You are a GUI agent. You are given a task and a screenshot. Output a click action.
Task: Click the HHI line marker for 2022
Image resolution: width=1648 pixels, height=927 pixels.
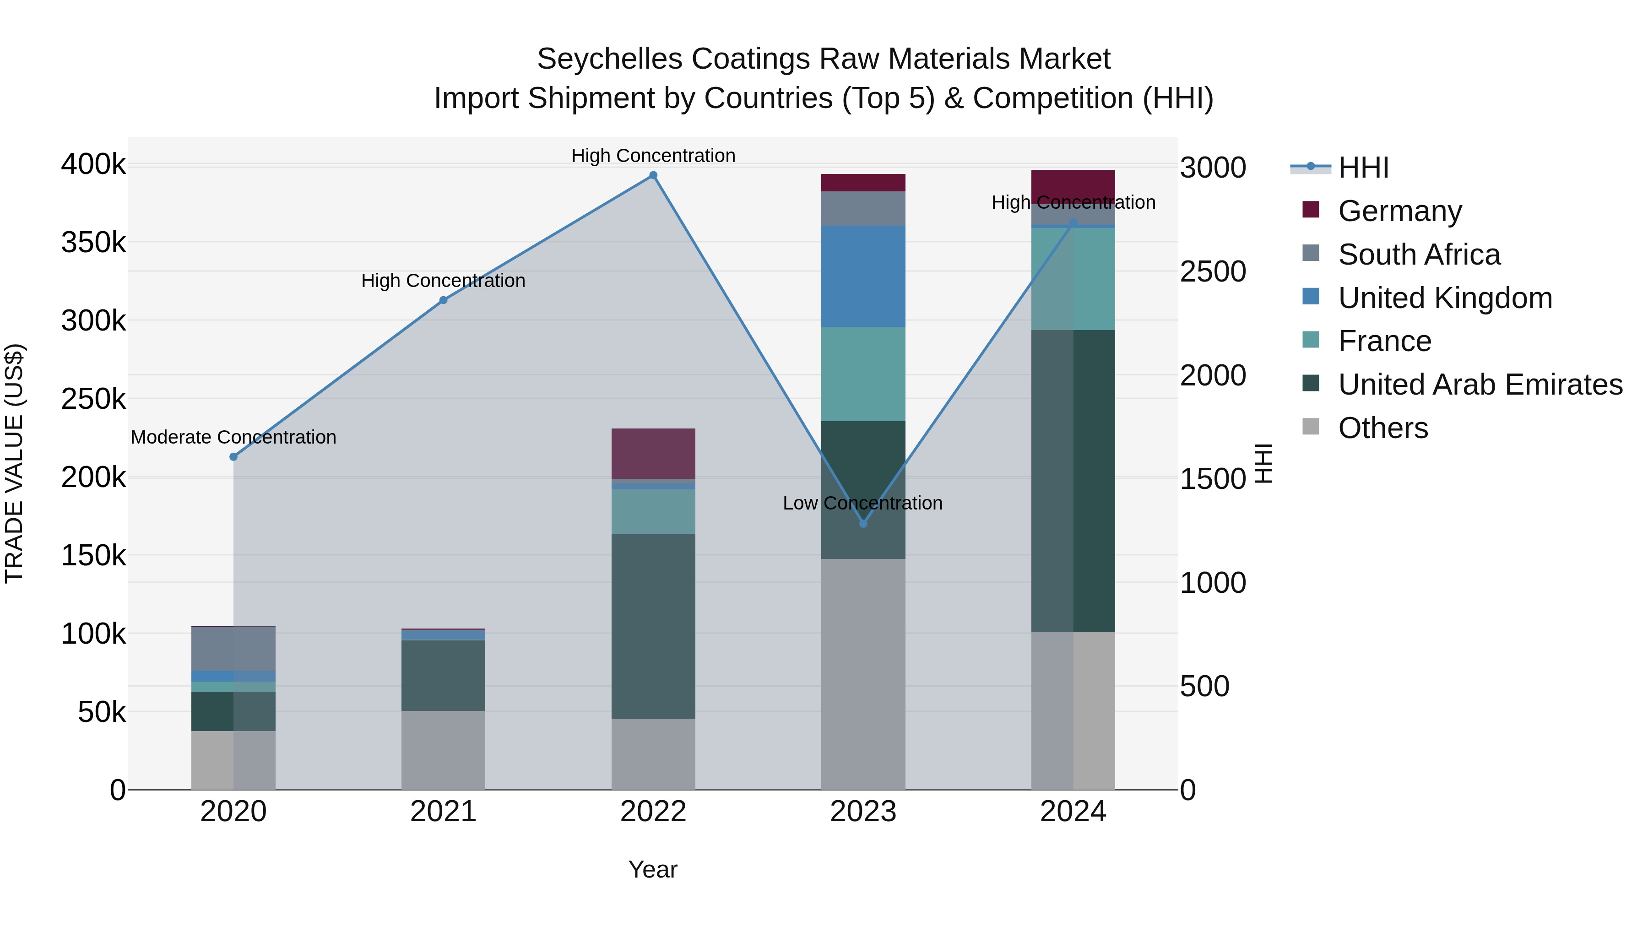(x=653, y=175)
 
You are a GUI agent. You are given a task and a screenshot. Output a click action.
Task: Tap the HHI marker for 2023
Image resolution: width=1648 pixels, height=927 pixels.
(x=863, y=523)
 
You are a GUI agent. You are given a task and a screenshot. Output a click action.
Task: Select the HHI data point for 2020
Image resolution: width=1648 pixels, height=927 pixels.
(x=233, y=457)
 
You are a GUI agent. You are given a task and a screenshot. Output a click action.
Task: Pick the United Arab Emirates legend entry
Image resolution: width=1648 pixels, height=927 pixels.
(x=1480, y=385)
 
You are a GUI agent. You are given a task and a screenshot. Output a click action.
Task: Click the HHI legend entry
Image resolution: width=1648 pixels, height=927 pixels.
(x=1363, y=168)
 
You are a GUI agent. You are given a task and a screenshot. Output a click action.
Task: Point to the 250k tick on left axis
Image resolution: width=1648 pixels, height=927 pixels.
(x=93, y=399)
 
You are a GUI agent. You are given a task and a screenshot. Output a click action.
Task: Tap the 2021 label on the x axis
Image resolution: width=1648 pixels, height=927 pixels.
(x=443, y=812)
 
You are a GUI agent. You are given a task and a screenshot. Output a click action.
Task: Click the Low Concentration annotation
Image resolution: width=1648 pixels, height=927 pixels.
(x=862, y=504)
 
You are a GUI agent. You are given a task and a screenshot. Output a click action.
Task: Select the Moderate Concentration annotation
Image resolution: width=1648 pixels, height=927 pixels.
(x=233, y=438)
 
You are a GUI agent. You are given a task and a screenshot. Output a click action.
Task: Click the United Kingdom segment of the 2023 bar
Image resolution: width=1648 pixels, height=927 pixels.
(x=863, y=276)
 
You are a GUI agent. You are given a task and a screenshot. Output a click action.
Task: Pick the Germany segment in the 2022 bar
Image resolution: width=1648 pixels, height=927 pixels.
(x=653, y=454)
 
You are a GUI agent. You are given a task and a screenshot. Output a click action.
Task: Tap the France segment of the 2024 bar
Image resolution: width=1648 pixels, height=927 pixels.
(x=1073, y=279)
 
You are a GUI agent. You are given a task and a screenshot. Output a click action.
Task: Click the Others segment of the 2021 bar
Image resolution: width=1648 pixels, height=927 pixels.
(x=443, y=750)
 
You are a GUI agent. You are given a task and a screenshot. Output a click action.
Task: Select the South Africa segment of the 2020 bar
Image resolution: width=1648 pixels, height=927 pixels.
(x=233, y=648)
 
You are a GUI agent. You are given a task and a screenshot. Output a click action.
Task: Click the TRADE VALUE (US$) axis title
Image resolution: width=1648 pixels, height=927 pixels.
(x=14, y=464)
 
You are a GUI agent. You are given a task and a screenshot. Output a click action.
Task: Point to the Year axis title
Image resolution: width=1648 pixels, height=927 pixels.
(x=652, y=869)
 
